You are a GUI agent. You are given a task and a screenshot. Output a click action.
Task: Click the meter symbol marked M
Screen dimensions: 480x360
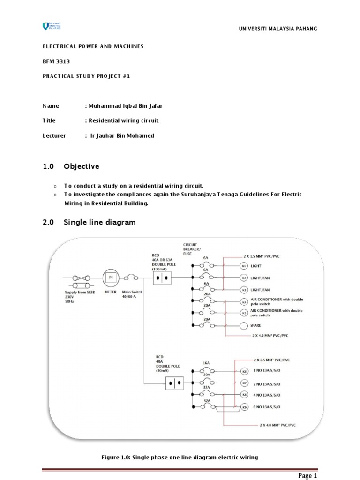tap(111, 278)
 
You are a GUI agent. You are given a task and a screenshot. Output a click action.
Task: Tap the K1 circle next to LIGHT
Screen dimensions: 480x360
tap(243, 266)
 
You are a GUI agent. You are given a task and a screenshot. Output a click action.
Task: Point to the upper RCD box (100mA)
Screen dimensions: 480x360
tap(162, 278)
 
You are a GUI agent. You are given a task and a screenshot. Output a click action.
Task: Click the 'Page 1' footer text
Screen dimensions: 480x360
tap(308, 476)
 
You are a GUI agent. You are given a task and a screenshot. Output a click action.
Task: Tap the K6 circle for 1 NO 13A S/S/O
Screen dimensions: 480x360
tap(244, 371)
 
